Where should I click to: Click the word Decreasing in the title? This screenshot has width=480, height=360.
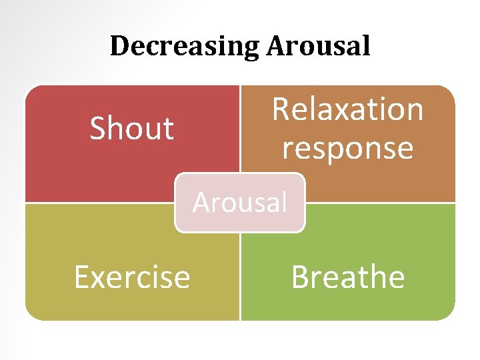pos(185,46)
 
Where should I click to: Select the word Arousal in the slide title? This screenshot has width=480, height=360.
pos(318,46)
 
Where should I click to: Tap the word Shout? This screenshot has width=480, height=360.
pos(131,128)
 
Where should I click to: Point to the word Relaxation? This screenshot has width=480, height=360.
pos(347,109)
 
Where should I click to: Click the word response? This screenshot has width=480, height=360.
pos(347,148)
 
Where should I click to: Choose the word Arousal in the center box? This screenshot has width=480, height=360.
pos(240,201)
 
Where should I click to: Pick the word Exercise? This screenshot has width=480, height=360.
pos(132,277)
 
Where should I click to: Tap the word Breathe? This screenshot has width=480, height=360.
pos(347,277)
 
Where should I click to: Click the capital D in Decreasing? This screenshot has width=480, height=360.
pos(119,46)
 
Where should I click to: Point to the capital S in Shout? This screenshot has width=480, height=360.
pos(97,129)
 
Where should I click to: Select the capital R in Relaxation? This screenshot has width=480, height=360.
pos(281,110)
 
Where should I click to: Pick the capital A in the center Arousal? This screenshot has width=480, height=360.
pos(200,201)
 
